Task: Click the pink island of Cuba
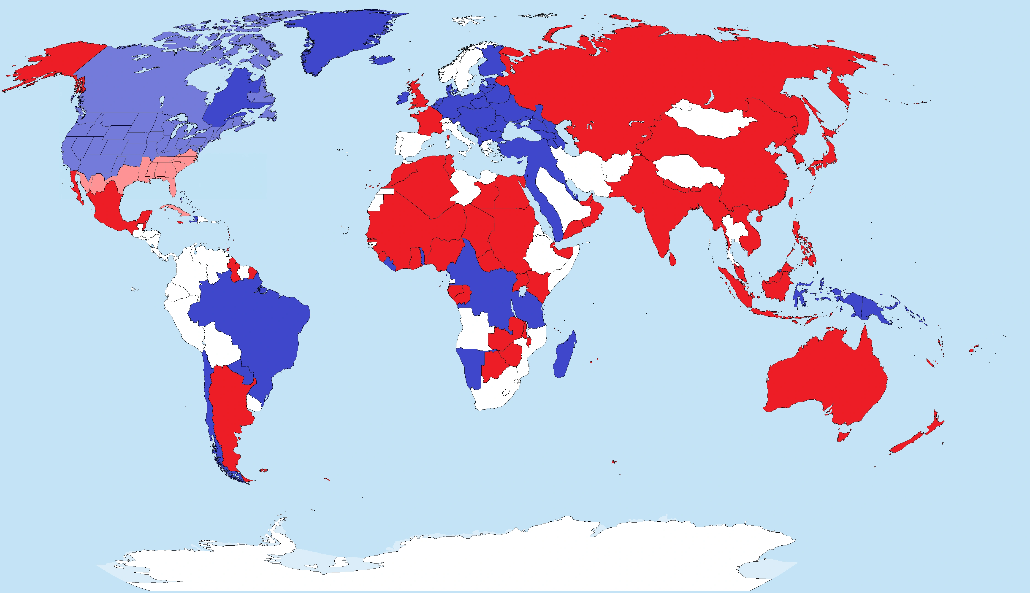pos(175,210)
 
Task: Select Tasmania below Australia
pos(843,437)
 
